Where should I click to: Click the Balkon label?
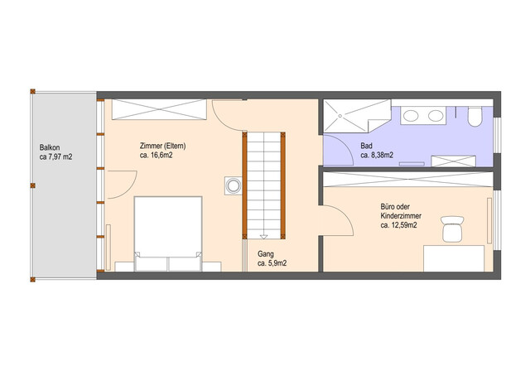[50, 147]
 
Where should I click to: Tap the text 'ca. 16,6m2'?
[157, 156]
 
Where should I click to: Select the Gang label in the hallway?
[265, 253]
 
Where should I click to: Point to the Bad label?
[366, 146]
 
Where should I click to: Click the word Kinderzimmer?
[401, 216]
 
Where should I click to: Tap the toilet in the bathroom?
[475, 117]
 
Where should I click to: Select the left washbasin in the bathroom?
[411, 116]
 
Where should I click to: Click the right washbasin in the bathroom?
[436, 116]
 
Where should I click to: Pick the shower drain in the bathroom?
[340, 116]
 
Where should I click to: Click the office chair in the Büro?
[452, 229]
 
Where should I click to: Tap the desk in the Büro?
[454, 258]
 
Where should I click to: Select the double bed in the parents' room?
[168, 233]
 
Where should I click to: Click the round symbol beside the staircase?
[234, 185]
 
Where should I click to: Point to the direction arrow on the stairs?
[263, 237]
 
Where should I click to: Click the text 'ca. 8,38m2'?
[377, 155]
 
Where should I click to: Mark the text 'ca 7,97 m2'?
[55, 156]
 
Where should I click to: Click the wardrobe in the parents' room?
[159, 109]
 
